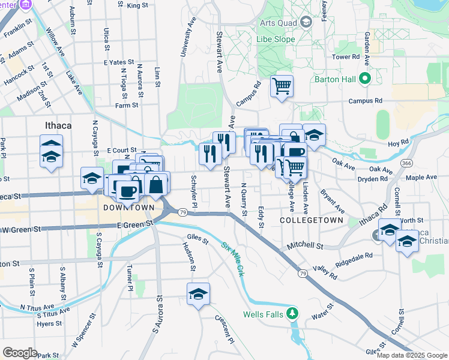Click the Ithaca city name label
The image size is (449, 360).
click(x=58, y=125)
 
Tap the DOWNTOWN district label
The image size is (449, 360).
click(x=128, y=208)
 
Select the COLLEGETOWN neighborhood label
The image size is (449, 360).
click(x=312, y=221)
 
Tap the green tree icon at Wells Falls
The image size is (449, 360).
click(x=292, y=313)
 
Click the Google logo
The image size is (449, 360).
click(x=20, y=352)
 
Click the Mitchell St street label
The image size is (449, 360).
click(x=304, y=246)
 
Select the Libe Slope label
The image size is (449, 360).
click(x=277, y=39)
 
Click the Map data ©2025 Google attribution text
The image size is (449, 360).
click(x=411, y=355)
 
